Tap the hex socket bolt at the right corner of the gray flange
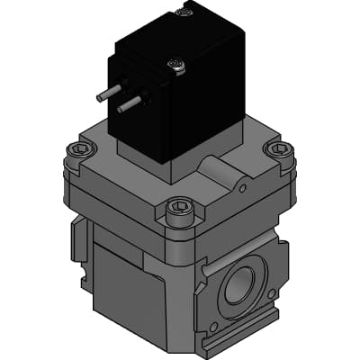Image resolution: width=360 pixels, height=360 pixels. point(278,149)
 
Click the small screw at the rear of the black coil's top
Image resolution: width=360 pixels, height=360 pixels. point(186,12)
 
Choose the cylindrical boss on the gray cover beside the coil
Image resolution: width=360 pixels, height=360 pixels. point(216,166)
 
